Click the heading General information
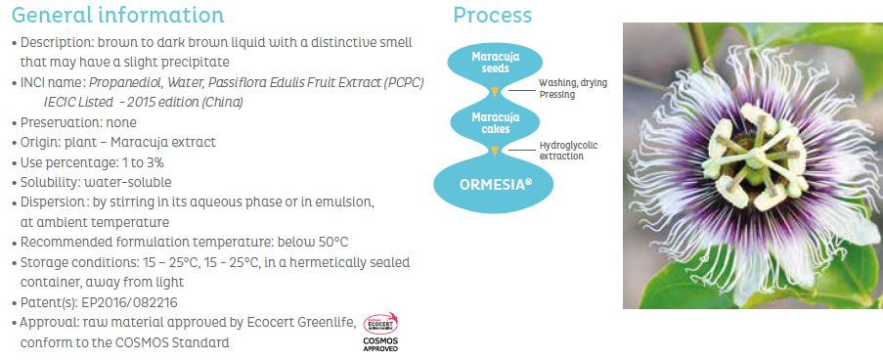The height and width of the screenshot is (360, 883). click(117, 15)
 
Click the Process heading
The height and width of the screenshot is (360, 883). click(492, 16)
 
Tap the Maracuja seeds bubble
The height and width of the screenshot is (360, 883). click(495, 63)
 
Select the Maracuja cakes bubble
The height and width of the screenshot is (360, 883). click(495, 123)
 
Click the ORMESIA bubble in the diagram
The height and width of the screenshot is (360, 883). click(493, 185)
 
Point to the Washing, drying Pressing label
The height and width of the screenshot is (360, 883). click(573, 89)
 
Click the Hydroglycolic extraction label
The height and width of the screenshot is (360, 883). click(568, 151)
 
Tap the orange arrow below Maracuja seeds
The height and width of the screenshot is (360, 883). click(495, 92)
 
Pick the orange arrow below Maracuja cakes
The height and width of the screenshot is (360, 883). click(495, 151)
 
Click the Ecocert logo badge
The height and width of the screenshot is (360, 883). click(380, 324)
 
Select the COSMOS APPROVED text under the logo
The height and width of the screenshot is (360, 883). click(380, 344)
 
